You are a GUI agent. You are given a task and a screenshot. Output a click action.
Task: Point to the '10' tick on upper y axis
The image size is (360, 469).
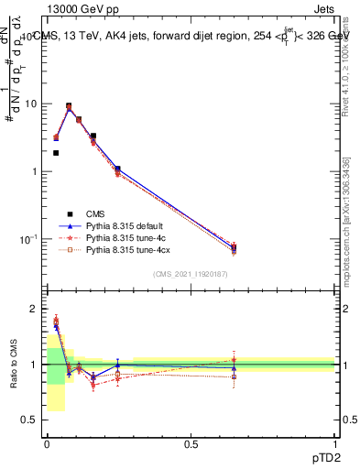click(32, 104)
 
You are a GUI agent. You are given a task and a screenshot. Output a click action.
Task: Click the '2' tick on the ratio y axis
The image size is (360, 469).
click(36, 309)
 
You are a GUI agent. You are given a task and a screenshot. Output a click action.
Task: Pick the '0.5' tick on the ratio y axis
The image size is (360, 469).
click(32, 420)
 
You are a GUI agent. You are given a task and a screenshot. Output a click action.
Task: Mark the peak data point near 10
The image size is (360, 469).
click(69, 106)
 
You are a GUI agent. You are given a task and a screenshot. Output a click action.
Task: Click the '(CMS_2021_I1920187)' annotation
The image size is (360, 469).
click(191, 275)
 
